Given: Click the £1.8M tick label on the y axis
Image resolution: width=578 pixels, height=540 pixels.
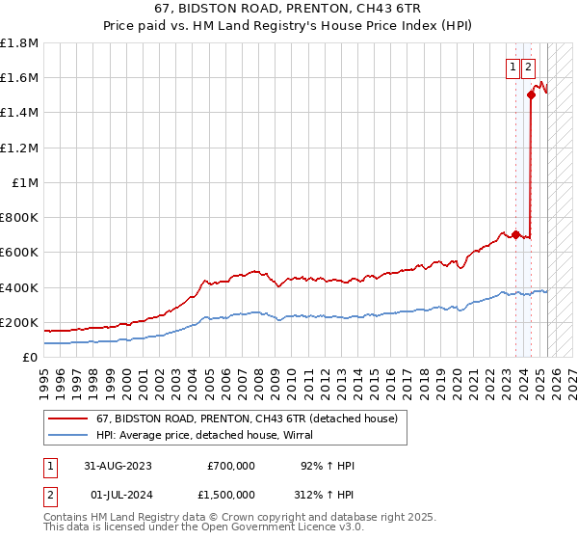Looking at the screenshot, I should click(x=19, y=43).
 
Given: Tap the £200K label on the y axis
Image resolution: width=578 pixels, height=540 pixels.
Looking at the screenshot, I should click(x=19, y=322).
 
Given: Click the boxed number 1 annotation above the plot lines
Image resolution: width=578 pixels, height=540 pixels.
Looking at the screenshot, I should click(x=512, y=67).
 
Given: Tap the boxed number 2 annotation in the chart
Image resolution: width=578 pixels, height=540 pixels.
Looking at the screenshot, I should click(x=529, y=67).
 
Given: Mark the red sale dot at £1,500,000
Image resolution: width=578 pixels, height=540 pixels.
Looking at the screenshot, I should click(x=531, y=94).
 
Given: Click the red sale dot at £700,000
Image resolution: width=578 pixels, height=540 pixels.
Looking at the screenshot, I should click(x=516, y=234).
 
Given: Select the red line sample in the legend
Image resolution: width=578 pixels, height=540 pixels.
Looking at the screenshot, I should click(x=67, y=418).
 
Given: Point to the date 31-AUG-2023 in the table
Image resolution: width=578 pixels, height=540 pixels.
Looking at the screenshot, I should click(x=118, y=466).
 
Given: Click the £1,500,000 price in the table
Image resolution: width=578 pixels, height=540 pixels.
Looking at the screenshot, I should click(x=231, y=496).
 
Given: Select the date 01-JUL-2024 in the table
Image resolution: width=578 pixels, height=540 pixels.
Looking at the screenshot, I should click(x=118, y=496).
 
